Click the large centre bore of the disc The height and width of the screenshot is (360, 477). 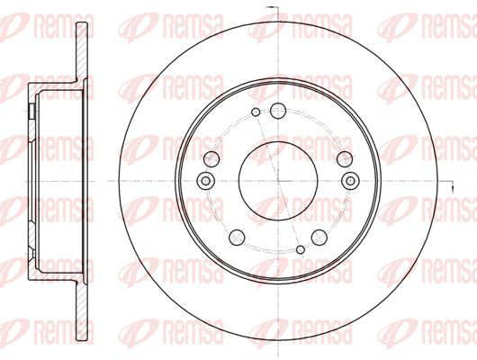[278, 181]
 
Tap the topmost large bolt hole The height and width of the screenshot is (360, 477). [278, 111]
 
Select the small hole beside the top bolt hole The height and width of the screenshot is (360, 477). [256, 112]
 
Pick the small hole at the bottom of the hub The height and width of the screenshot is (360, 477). [301, 249]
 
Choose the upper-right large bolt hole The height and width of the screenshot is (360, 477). [345, 159]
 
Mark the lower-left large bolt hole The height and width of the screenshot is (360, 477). [237, 237]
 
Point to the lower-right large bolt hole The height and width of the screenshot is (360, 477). [319, 237]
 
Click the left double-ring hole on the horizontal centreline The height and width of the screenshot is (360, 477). [206, 181]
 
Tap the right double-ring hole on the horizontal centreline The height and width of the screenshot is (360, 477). [350, 181]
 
